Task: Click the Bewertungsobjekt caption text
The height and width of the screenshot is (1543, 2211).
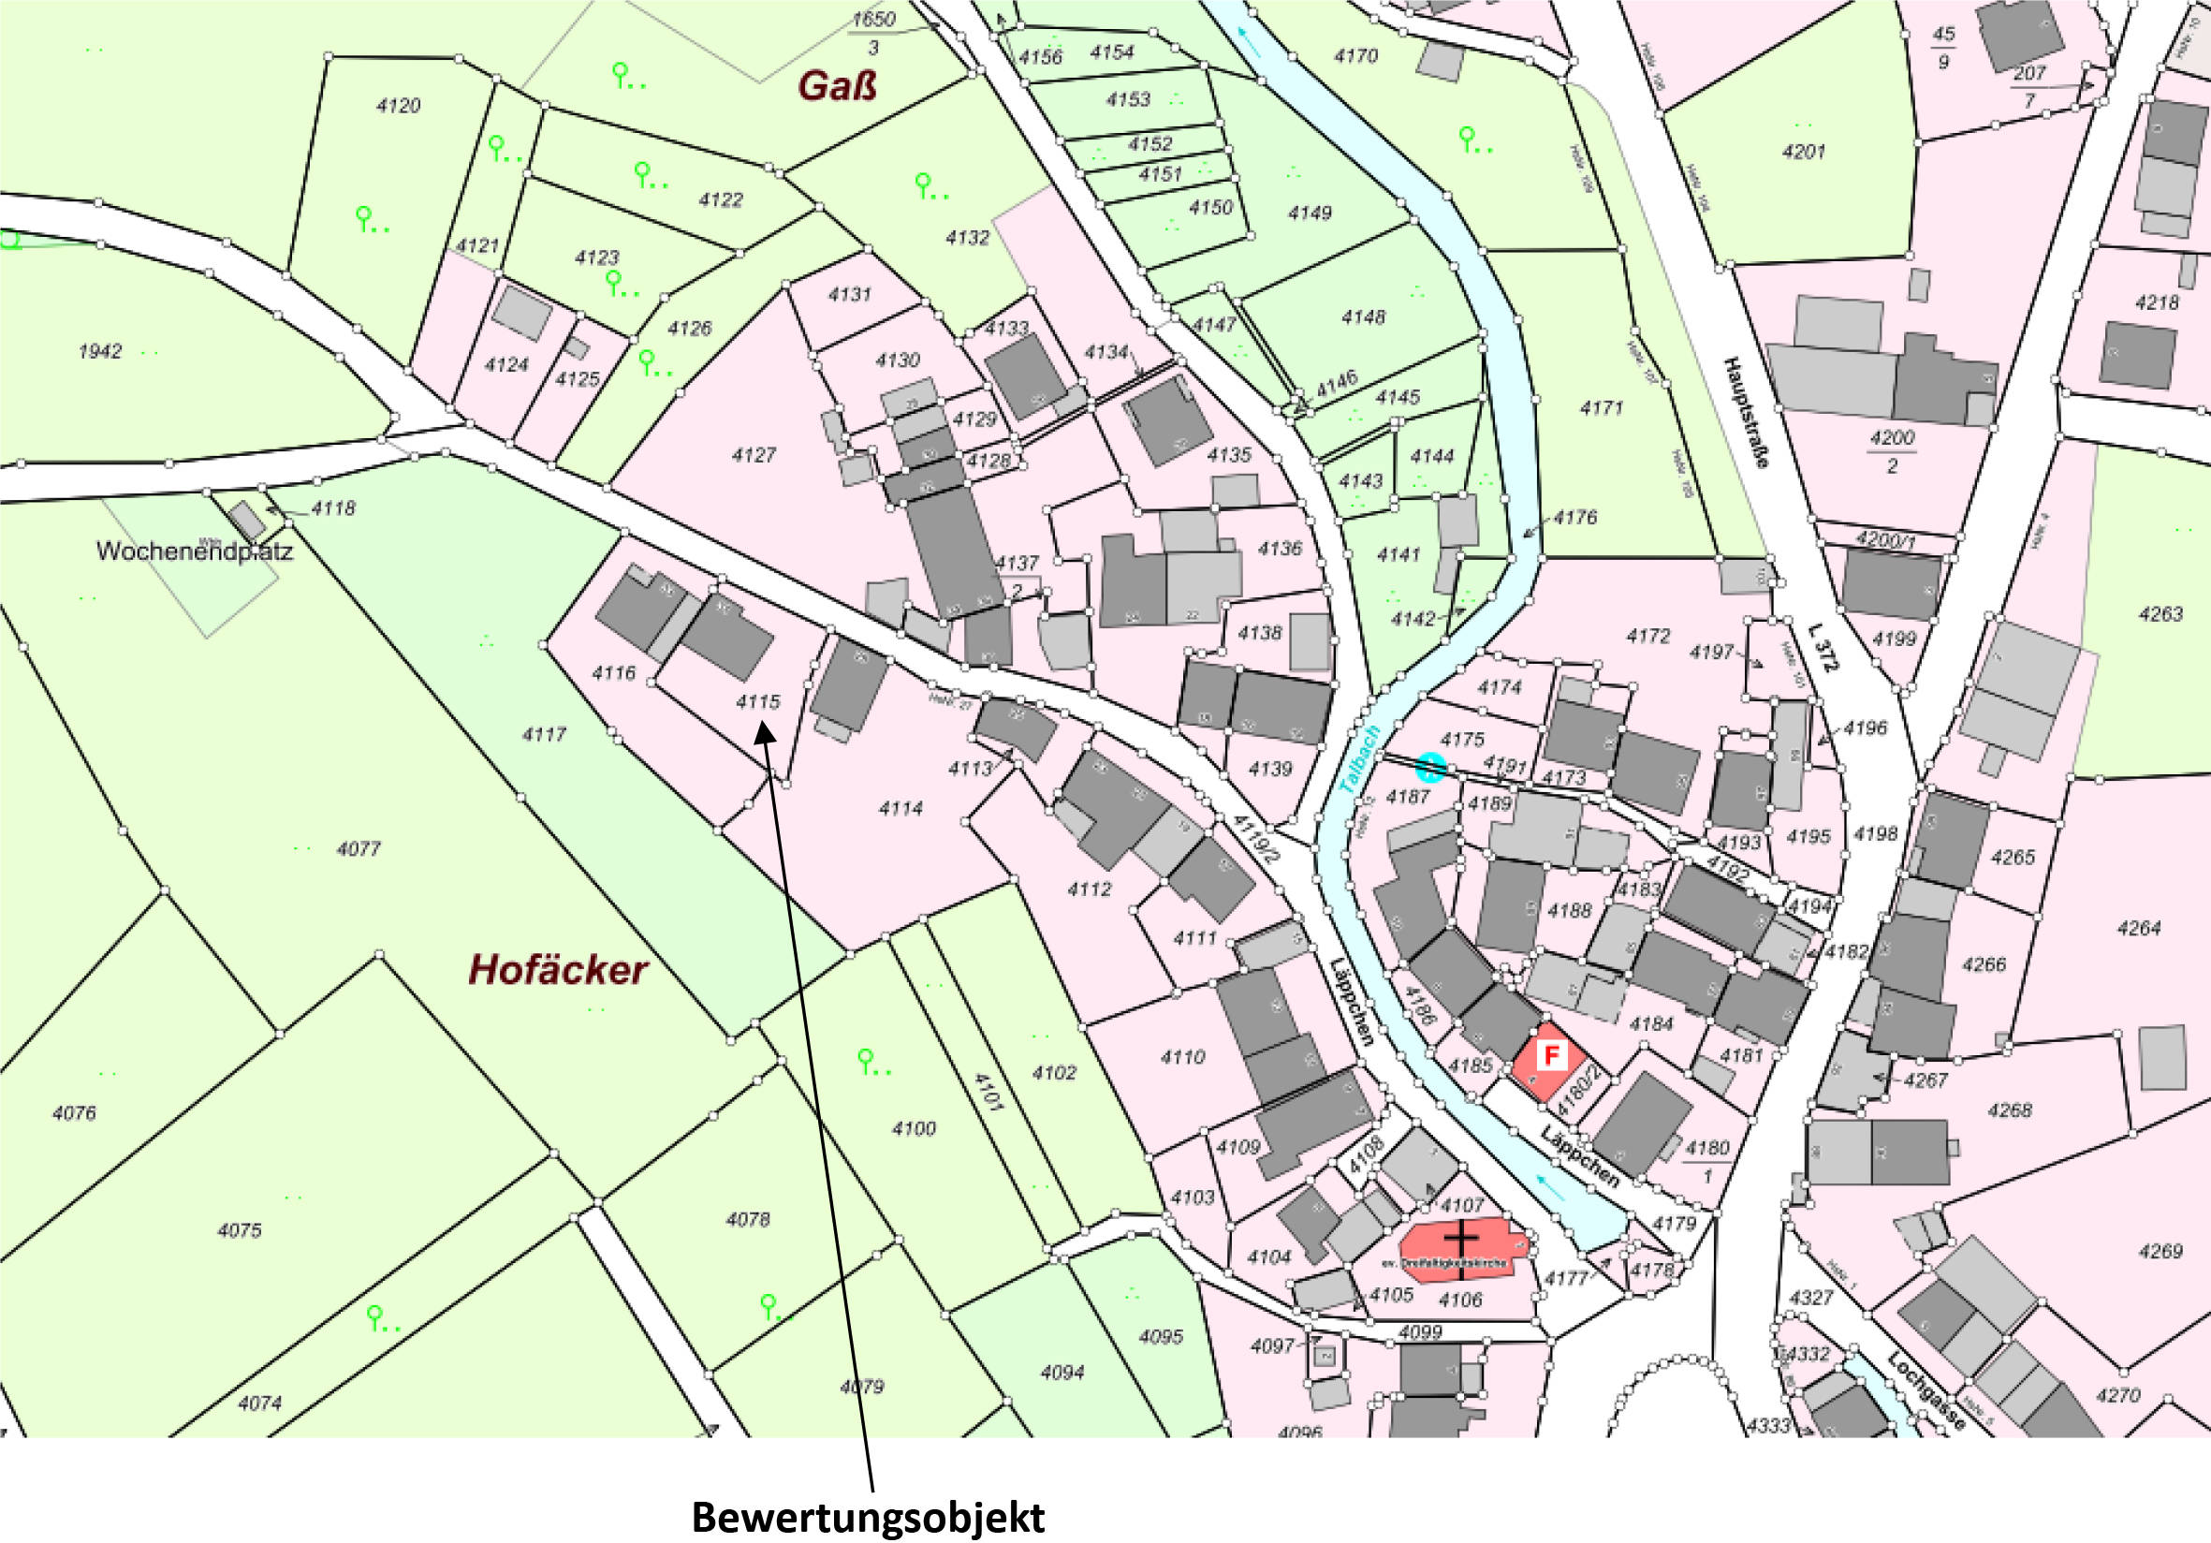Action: tap(868, 1517)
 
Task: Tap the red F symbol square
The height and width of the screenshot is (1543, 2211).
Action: tap(1550, 1056)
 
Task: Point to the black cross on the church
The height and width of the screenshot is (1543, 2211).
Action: tap(1461, 1238)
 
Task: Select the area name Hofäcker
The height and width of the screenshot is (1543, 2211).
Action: tap(558, 970)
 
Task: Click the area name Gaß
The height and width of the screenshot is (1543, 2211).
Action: tap(837, 87)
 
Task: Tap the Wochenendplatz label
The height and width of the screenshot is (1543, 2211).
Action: tap(194, 551)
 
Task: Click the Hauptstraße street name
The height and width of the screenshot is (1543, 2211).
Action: tap(1745, 412)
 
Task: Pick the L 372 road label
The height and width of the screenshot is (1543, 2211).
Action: tap(1823, 646)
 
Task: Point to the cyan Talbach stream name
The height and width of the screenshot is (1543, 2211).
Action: tap(1360, 760)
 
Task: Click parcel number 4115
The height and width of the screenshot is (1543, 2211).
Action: tap(758, 702)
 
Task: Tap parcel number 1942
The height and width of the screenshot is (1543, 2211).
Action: tap(100, 351)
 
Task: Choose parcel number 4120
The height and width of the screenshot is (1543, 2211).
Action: tap(398, 106)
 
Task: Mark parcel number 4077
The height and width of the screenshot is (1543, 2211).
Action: tap(359, 848)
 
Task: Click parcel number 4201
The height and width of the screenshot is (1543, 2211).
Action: tap(1803, 152)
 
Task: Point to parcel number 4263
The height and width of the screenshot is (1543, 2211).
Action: tap(2160, 614)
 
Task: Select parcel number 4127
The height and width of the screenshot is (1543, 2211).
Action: tap(753, 455)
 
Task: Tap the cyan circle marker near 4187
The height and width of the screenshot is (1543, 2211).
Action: tap(1431, 768)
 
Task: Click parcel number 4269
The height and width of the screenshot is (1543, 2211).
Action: tap(2160, 1251)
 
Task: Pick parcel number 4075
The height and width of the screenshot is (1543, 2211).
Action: tap(240, 1230)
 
